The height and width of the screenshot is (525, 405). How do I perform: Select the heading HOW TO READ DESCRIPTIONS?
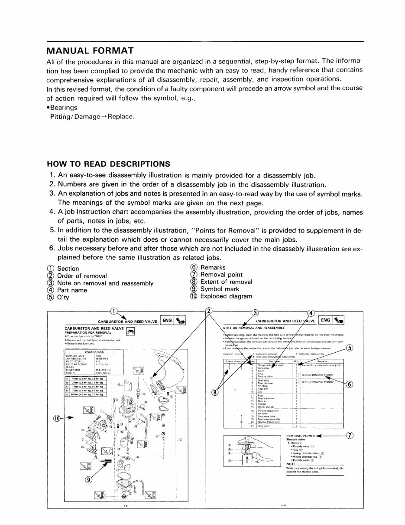click(108, 164)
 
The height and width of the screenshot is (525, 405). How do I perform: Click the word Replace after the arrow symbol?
click(121, 117)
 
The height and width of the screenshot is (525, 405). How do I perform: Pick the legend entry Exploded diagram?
click(226, 296)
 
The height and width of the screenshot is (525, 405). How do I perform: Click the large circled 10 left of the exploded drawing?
click(57, 418)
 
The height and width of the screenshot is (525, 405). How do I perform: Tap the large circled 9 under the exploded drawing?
click(88, 480)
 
